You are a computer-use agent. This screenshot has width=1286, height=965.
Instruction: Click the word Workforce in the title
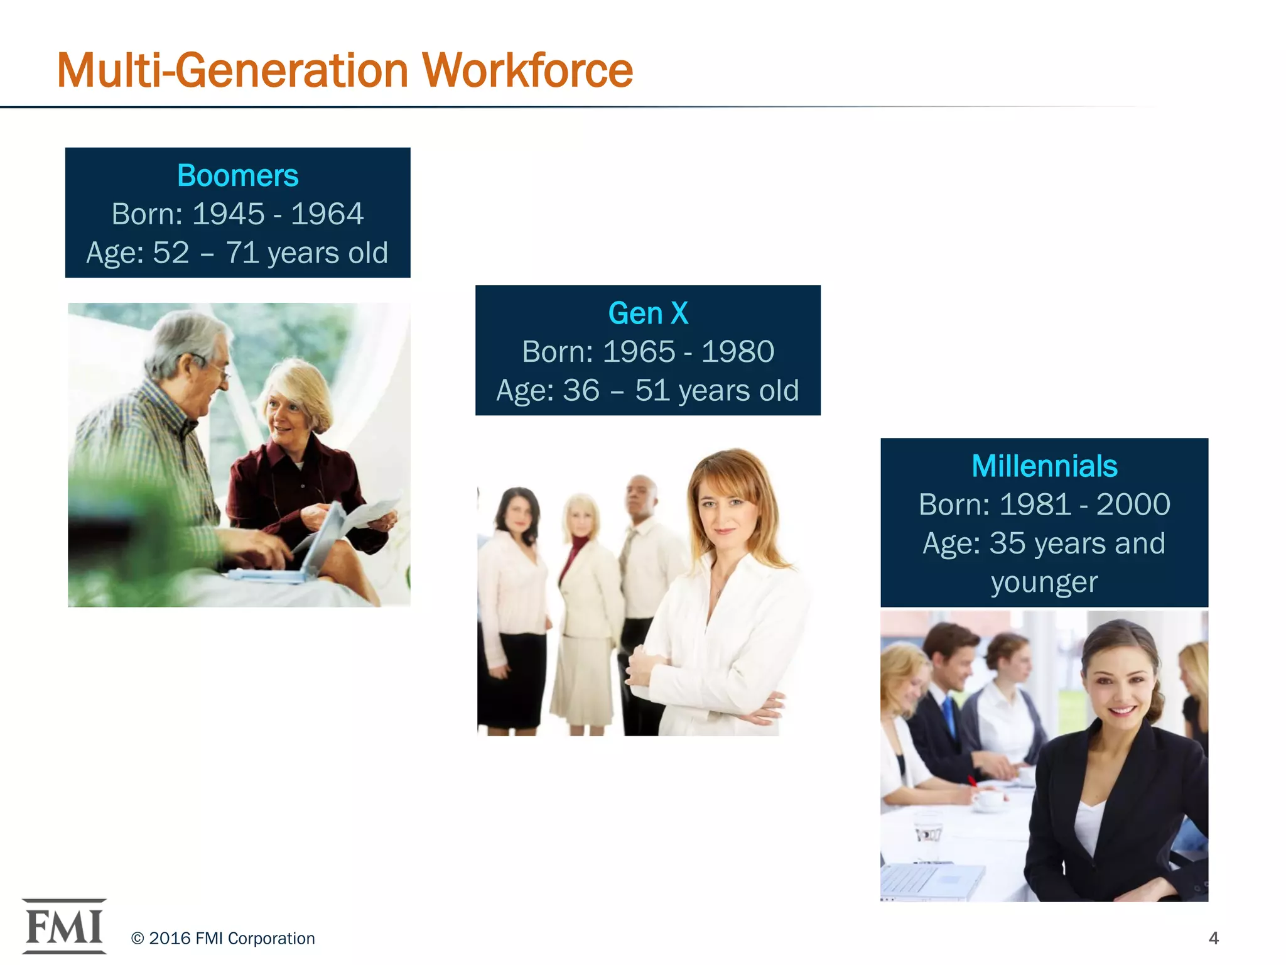pyautogui.click(x=527, y=70)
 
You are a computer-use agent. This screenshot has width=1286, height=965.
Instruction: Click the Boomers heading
pyautogui.click(x=237, y=175)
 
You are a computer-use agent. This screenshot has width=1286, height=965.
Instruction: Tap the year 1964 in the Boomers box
pyautogui.click(x=327, y=214)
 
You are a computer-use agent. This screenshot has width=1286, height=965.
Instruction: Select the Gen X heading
pyautogui.click(x=648, y=313)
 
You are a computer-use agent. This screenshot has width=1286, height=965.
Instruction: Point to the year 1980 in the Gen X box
pyautogui.click(x=738, y=352)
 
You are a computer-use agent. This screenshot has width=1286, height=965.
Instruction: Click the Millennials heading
pyautogui.click(x=1044, y=466)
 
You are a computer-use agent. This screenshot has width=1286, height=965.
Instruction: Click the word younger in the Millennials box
pyautogui.click(x=1044, y=582)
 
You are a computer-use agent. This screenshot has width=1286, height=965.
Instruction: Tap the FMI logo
pyautogui.click(x=64, y=927)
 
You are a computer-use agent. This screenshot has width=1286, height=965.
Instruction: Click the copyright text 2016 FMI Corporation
pyautogui.click(x=223, y=938)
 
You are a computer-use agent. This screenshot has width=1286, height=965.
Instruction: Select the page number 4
pyautogui.click(x=1213, y=938)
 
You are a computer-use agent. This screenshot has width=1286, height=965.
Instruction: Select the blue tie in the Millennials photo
pyautogui.click(x=949, y=716)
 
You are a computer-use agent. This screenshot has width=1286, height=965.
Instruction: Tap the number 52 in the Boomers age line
pyautogui.click(x=171, y=253)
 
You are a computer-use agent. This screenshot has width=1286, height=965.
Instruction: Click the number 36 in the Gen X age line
pyautogui.click(x=581, y=391)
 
